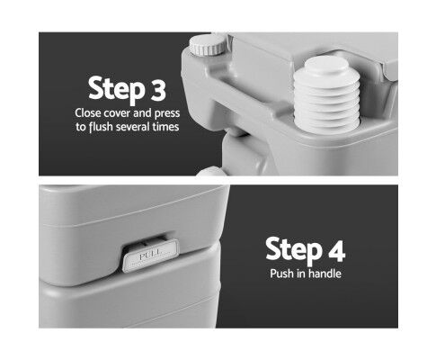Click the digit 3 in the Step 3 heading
pos(157,89)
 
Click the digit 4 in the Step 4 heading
pos(336,250)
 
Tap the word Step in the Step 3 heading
pos(116,90)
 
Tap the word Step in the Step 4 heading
pos(294,251)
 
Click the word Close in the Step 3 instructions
pos(88,113)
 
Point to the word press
pos(167,114)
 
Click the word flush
pos(101,127)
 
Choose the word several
pos(133,127)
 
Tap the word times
pos(165,127)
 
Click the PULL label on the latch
pos(150,256)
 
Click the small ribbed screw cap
pos(208,44)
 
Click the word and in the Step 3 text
pos(142,113)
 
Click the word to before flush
pos(81,127)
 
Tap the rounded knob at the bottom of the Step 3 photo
pos(211,171)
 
